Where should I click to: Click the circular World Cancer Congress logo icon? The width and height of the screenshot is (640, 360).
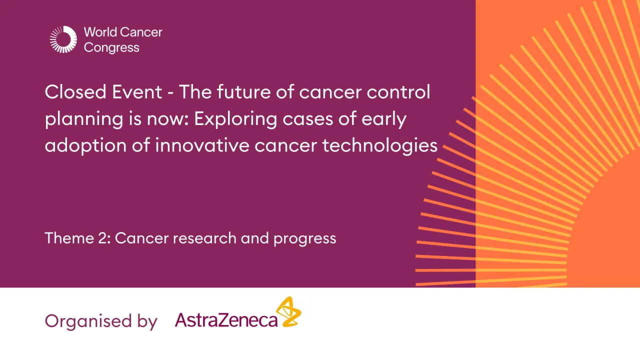[x=63, y=39]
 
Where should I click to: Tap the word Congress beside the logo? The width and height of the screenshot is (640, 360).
[x=111, y=48]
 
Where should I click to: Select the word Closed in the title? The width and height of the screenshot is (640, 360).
[x=75, y=92]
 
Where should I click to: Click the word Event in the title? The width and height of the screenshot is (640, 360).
[x=142, y=92]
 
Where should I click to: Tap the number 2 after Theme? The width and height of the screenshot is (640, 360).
[x=103, y=238]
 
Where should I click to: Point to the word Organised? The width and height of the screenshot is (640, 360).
[x=84, y=321]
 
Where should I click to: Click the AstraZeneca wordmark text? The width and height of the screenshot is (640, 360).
[x=226, y=320]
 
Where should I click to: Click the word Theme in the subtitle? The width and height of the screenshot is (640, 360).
[x=67, y=238]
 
